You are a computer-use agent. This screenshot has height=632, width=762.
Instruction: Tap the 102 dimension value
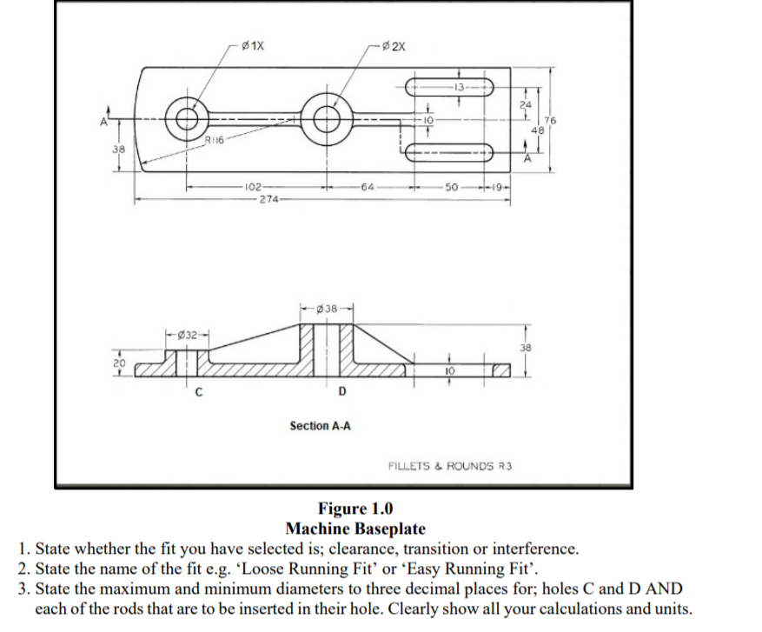pyautogui.click(x=254, y=186)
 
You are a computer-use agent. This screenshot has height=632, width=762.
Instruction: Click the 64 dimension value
pyautogui.click(x=368, y=186)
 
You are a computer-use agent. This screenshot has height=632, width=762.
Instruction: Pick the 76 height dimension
pyautogui.click(x=549, y=119)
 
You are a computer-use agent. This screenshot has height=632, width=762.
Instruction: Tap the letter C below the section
pyautogui.click(x=197, y=391)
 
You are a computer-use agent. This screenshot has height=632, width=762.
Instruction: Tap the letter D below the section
pyautogui.click(x=340, y=391)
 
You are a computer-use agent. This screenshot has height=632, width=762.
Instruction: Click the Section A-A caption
pyautogui.click(x=320, y=426)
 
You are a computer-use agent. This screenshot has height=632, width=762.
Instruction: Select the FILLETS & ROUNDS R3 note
pyautogui.click(x=449, y=466)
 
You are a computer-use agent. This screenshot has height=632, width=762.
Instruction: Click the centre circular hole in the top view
pyautogui.click(x=328, y=118)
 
